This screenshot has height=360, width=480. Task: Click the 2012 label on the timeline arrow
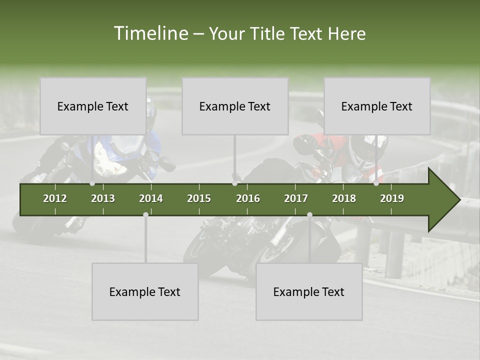55,198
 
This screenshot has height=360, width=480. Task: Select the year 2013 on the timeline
103,198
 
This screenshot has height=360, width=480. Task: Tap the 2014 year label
151,198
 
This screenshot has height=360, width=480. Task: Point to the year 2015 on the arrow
199,198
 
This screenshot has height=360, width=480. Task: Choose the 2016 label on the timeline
248,198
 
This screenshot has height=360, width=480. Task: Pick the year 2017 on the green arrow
296,198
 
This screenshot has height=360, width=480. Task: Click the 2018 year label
344,198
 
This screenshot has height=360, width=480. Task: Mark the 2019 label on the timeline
392,198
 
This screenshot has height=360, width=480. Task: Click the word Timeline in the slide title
150,33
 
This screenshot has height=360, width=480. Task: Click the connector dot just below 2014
145,214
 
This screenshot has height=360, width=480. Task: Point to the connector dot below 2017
309,214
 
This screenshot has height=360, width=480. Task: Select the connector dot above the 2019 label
376,183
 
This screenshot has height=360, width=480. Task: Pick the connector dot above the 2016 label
234,183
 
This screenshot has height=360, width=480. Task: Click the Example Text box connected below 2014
145,291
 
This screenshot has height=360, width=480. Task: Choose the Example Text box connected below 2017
309,291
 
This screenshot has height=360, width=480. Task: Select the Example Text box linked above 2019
377,106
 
